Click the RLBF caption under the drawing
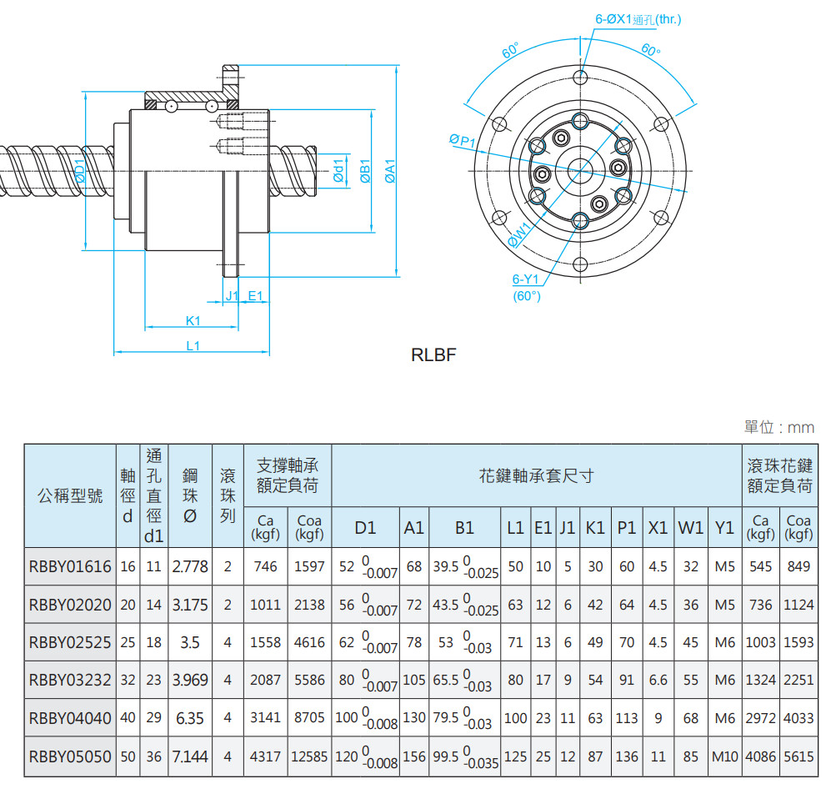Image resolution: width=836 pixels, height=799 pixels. pos(433,355)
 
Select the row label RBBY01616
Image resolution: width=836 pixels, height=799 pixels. pos(70,567)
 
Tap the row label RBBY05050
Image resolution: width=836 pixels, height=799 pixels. pos(70,756)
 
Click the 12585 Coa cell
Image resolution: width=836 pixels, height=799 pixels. pos(309,756)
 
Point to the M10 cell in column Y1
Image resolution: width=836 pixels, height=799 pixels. pos(725,756)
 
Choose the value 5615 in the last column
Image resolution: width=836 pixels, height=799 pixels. pos(798,756)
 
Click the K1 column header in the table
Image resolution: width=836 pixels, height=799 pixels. pos(595,528)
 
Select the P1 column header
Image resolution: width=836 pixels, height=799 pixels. pos(627,528)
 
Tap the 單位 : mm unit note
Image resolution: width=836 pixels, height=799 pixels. pos(778,428)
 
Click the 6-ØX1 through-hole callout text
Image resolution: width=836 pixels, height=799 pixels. pos(638,19)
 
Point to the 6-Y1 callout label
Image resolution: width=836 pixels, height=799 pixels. pos(527,280)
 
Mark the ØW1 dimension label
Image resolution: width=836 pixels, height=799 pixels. pos(519,235)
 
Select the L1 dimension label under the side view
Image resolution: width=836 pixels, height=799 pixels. pos(193,345)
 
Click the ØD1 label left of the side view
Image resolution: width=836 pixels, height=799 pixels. pos(80,171)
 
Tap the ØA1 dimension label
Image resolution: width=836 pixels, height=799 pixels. pos(388,171)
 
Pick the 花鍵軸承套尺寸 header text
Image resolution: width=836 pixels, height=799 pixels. pos(537,476)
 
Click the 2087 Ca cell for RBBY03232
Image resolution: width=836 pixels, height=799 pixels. pos(265,681)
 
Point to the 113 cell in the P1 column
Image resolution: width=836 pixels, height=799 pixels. pos(627,718)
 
